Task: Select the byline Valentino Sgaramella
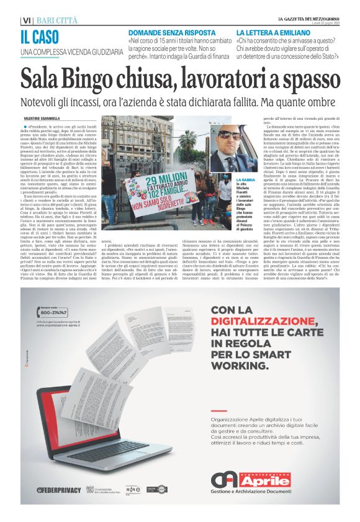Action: [42, 119]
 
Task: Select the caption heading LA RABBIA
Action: [245, 179]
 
